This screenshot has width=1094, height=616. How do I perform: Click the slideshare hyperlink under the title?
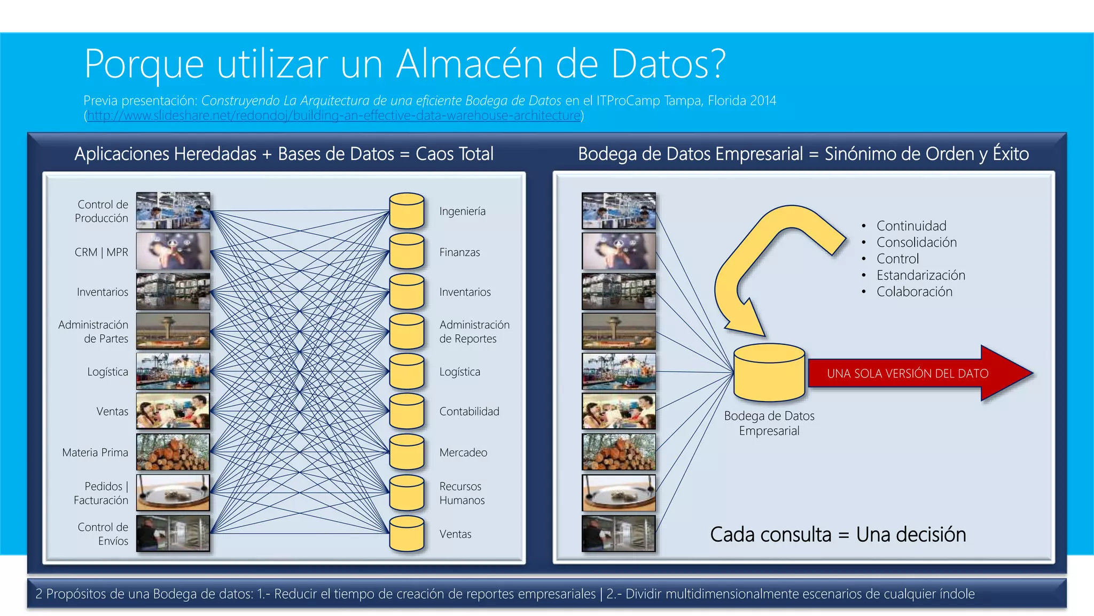point(334,115)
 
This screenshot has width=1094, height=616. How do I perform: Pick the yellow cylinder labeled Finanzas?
point(407,251)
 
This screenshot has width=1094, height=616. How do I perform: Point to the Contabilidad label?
point(469,411)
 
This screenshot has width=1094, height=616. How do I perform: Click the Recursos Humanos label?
point(462,493)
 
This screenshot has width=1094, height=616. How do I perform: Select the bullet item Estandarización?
point(920,275)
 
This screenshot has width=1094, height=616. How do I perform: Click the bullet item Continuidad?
point(911,226)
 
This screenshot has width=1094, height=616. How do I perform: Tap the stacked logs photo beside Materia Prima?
point(173,452)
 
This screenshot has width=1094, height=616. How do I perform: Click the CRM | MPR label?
point(101,252)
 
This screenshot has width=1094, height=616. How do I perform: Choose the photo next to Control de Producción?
point(173,211)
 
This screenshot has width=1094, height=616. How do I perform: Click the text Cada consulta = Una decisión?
point(838,534)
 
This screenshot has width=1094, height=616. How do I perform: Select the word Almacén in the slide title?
point(470,64)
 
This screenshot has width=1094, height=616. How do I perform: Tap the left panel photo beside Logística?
point(173,371)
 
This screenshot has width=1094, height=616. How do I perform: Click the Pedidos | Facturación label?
point(101,493)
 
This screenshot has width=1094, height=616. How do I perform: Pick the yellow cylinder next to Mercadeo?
point(407,452)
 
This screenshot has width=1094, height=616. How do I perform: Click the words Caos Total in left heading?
point(455,154)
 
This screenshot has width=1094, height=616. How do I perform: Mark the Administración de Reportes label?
point(474,332)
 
